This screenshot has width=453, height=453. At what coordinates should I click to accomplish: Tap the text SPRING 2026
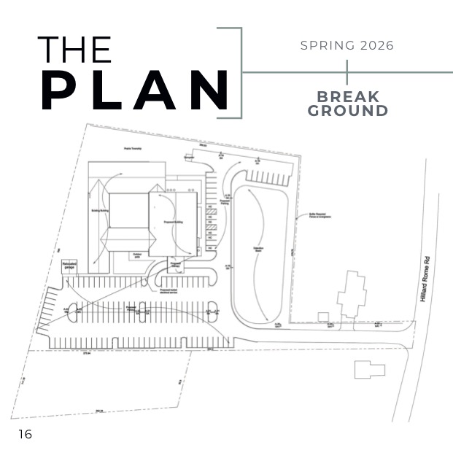346,45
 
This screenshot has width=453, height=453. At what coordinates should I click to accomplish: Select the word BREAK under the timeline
348,97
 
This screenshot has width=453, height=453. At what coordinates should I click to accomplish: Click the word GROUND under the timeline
347,111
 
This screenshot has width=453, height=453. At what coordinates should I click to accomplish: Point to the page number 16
25,435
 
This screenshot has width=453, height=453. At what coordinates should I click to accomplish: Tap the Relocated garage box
70,267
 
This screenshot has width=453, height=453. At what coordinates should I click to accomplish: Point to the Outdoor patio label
137,256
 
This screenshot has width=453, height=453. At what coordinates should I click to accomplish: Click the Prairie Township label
132,149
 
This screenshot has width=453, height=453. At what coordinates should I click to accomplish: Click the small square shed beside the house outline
323,316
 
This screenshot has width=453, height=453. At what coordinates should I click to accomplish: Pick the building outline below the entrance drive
369,369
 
